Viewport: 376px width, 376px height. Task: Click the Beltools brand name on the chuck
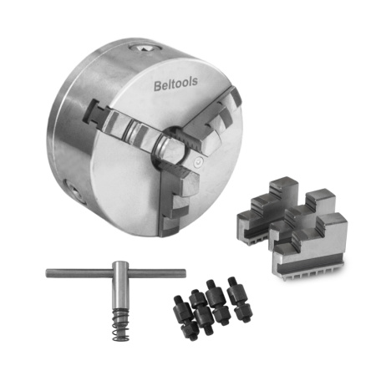175,84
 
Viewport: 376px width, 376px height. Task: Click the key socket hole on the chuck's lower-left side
74,191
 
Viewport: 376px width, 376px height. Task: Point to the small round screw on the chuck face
198,162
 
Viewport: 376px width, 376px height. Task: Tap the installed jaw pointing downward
178,201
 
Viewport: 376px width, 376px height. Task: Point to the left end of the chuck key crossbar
48,272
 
